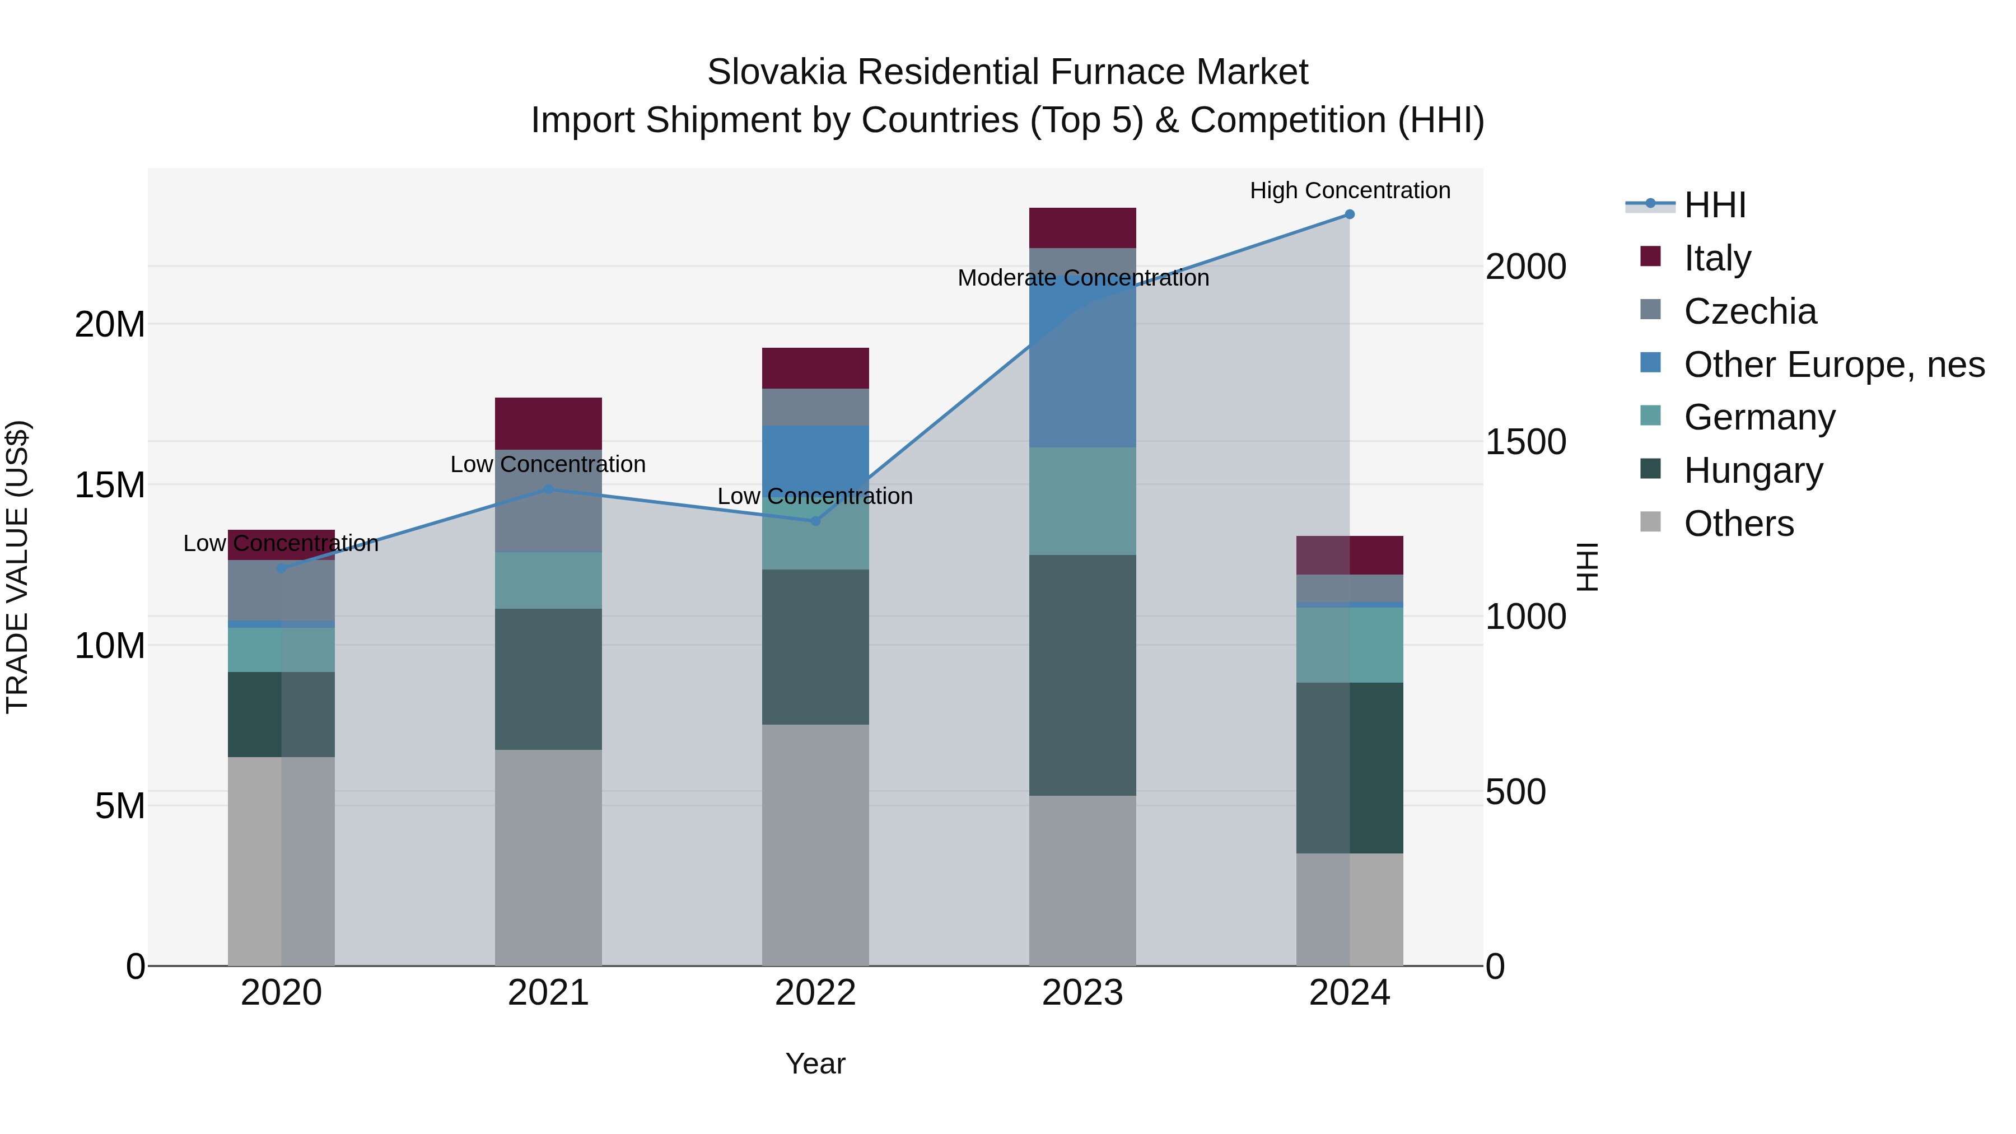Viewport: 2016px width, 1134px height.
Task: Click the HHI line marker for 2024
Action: pos(1349,214)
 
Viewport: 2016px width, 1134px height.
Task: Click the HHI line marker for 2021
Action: pos(549,489)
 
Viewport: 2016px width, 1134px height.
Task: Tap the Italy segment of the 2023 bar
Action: pos(1082,228)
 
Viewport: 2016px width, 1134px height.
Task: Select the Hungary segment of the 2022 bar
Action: pos(815,646)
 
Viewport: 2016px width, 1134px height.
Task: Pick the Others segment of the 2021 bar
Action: pos(549,857)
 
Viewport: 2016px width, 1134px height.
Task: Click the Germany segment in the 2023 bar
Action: pos(1082,501)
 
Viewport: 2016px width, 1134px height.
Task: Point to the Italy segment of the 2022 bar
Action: pos(815,368)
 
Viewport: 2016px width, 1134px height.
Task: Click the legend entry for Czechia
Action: pos(1750,311)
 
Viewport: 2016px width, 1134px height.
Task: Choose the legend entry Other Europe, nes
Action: pos(1833,365)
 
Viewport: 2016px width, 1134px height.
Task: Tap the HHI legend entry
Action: pos(1714,205)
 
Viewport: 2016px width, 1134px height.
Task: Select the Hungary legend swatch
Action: pos(1650,469)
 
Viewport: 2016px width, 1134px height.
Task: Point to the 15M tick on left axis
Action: pos(110,485)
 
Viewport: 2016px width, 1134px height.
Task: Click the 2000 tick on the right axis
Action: pos(1526,267)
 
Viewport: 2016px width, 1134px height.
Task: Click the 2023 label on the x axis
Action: pos(1082,993)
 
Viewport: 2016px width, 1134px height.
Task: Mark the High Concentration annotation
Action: pos(1349,190)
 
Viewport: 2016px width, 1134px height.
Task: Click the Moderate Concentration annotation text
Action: pos(1082,278)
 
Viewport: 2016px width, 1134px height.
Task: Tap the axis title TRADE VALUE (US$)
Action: pos(17,567)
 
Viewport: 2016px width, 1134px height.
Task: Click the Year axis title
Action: pos(815,1063)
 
